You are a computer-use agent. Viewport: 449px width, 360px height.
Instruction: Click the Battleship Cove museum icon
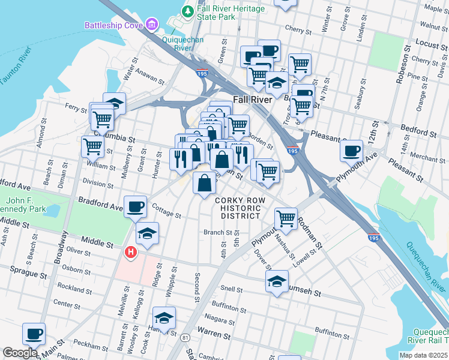point(152,25)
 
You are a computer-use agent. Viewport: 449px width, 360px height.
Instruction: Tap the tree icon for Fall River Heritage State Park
point(188,11)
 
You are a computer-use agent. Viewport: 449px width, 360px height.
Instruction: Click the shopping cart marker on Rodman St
point(286,218)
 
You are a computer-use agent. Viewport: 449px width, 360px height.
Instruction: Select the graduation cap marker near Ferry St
point(114,103)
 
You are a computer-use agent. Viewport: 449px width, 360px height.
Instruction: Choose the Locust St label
point(428,44)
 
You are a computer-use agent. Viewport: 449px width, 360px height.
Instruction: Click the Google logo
point(20,353)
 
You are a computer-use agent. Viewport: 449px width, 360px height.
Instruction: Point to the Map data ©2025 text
point(423,355)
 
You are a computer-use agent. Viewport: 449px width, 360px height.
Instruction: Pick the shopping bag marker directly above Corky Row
point(205,182)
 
